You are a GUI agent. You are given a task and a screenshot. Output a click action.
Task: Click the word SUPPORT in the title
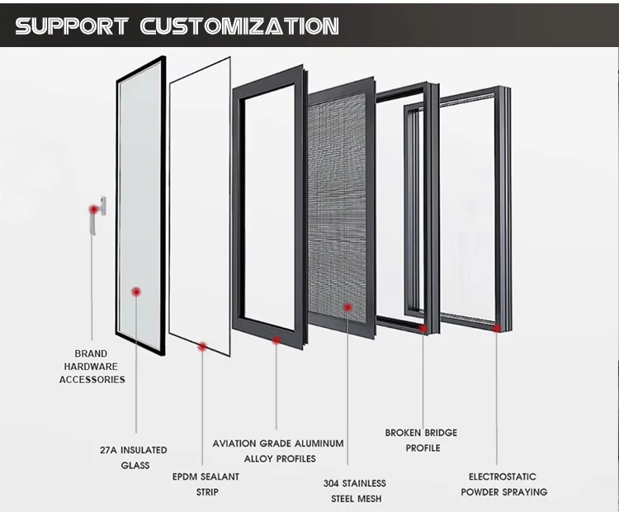coord(72,26)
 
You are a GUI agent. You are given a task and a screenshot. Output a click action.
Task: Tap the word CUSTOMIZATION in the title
coord(239,26)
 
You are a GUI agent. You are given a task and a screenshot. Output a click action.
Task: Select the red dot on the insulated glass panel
coord(136,292)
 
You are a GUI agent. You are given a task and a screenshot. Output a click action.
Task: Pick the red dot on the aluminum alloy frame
coord(276,339)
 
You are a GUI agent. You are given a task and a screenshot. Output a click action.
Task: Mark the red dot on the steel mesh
coord(347,307)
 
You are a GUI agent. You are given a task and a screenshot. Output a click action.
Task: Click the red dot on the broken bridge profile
coord(423,329)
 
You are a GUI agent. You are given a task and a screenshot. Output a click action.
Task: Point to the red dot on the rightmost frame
coord(497,328)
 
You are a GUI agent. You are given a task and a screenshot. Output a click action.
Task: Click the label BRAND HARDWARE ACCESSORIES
coord(92,366)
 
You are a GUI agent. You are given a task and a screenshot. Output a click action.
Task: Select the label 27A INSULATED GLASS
coord(133,457)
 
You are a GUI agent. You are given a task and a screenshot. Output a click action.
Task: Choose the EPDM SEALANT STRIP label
coord(206,484)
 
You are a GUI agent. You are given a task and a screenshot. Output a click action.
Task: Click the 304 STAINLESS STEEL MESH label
coord(354,491)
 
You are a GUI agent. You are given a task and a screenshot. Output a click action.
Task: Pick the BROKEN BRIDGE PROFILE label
coord(422,440)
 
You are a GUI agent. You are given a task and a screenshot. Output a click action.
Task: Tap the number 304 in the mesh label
coord(333,483)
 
